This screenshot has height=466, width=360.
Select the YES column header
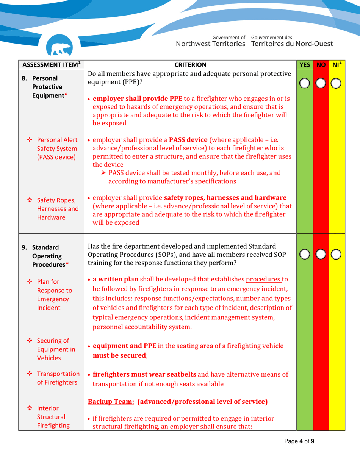304,65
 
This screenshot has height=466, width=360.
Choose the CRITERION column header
191,65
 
